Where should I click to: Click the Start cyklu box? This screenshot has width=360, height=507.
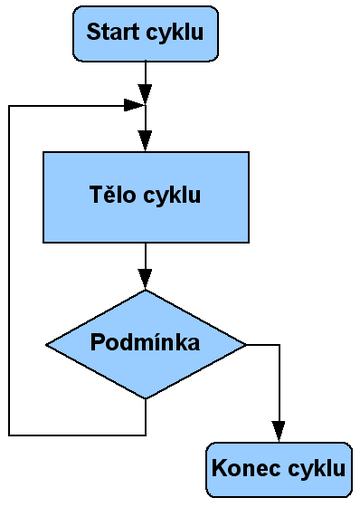[146, 33]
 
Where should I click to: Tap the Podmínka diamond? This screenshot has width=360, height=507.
[146, 343]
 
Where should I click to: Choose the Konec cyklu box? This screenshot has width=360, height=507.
[279, 468]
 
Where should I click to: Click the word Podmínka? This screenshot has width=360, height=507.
[146, 343]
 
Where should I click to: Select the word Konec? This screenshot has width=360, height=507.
[245, 468]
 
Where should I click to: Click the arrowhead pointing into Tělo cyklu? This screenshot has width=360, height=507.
[146, 144]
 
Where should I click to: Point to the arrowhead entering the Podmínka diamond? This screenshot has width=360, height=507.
[146, 282]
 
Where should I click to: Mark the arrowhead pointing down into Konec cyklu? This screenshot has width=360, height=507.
[279, 433]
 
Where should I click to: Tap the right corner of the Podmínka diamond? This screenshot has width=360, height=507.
[246, 344]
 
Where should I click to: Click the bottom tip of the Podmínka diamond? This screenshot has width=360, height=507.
[146, 398]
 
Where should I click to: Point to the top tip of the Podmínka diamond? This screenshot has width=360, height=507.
[146, 290]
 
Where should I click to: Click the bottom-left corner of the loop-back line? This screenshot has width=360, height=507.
[9, 434]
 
